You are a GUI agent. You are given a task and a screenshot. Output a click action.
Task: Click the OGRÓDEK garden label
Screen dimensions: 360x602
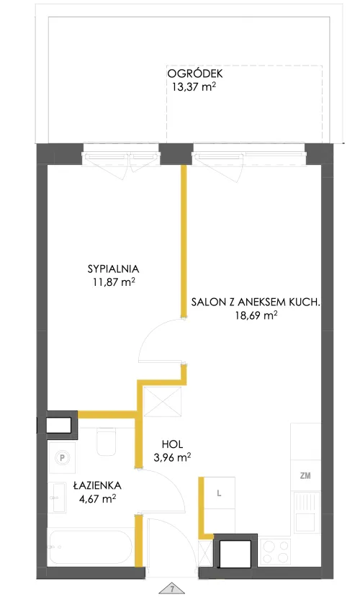pyautogui.click(x=195, y=73)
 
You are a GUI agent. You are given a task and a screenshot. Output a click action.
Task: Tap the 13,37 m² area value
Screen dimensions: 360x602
pyautogui.click(x=194, y=86)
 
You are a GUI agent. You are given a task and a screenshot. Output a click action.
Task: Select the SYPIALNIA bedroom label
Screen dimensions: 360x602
pyautogui.click(x=113, y=269)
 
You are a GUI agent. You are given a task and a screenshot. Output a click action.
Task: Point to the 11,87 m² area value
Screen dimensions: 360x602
pyautogui.click(x=113, y=282)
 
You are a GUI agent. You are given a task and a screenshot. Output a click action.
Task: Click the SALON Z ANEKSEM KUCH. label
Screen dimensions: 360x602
pyautogui.click(x=256, y=302)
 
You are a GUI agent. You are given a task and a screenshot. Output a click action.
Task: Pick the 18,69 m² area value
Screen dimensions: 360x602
pyautogui.click(x=256, y=315)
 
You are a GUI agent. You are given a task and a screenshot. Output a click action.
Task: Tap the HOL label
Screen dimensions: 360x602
pyautogui.click(x=172, y=444)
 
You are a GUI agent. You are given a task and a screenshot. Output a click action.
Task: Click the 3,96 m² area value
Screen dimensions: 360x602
pyautogui.click(x=172, y=458)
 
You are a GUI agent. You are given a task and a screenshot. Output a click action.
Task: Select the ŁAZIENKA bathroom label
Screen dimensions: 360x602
pyautogui.click(x=97, y=485)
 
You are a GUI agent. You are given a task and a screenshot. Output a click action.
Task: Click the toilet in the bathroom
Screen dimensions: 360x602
pyautogui.click(x=106, y=441)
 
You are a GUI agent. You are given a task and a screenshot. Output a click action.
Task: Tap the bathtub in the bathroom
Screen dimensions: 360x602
pyautogui.click(x=91, y=547)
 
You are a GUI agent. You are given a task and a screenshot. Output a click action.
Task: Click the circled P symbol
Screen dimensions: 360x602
pyautogui.click(x=61, y=457)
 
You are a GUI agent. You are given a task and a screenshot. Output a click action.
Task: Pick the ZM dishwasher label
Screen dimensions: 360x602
pyautogui.click(x=305, y=476)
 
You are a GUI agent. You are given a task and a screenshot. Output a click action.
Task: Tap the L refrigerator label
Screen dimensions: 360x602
pyautogui.click(x=219, y=493)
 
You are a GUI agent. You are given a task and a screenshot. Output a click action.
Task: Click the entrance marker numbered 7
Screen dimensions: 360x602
pyautogui.click(x=172, y=588)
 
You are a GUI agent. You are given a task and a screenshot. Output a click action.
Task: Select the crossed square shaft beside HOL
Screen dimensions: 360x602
pyautogui.click(x=161, y=401)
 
